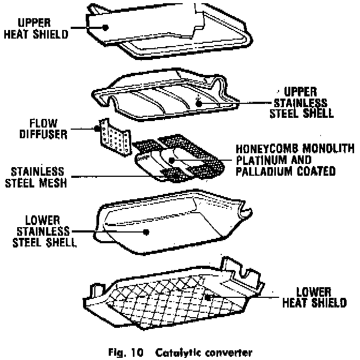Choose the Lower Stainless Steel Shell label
click(x=47, y=231)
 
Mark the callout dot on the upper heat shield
click(x=106, y=26)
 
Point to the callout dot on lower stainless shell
click(x=146, y=231)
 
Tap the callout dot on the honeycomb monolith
click(x=171, y=160)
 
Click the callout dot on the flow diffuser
click(x=98, y=129)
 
